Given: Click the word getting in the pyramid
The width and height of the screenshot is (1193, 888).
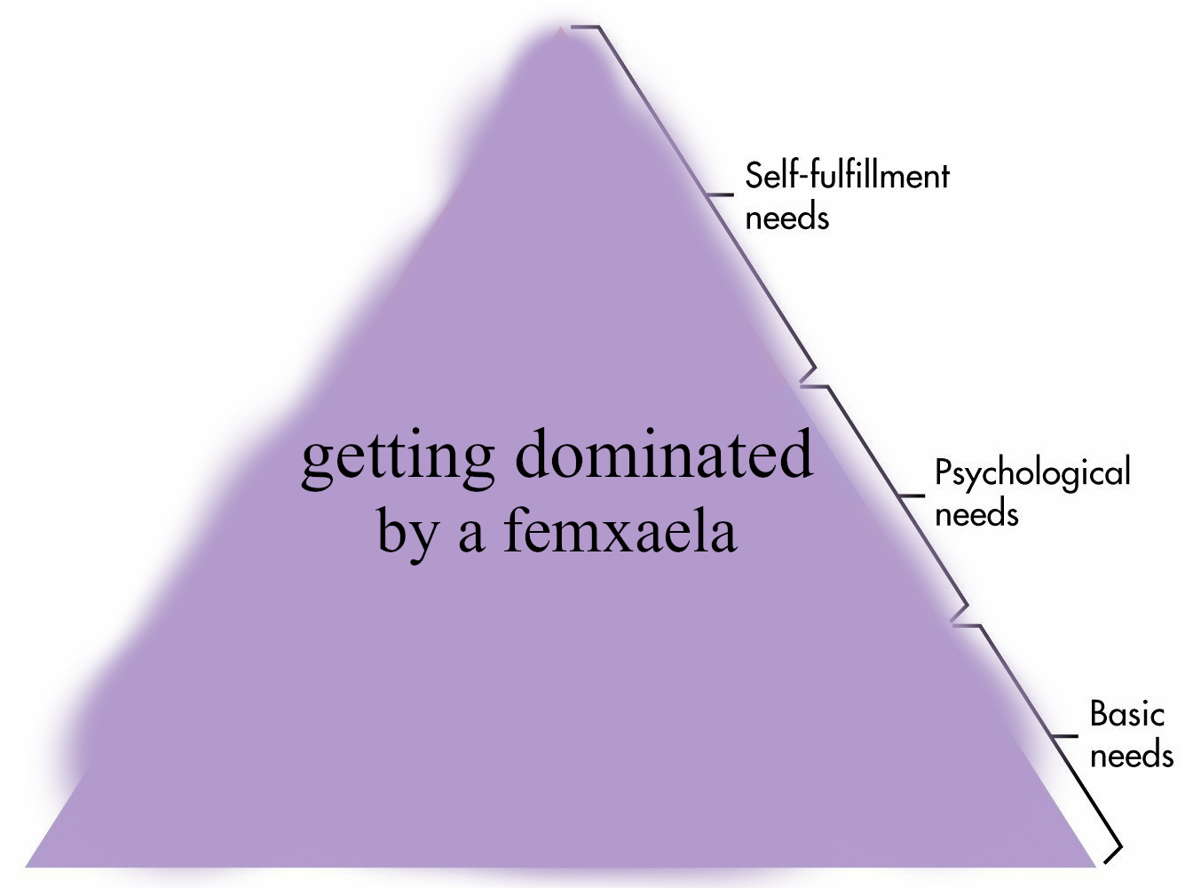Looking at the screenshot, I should (x=397, y=457).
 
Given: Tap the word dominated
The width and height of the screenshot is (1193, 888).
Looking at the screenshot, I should (x=663, y=453).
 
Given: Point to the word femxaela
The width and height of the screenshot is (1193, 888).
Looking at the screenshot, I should (x=620, y=530).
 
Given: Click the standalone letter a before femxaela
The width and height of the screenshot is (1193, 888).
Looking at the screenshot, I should (x=470, y=535).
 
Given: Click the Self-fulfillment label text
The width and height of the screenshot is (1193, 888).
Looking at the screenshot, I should (x=847, y=176).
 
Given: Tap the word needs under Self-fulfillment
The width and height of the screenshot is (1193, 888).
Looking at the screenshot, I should (x=786, y=218).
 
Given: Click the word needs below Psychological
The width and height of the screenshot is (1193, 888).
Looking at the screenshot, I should (x=976, y=515).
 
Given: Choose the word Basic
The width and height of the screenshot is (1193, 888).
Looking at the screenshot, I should (x=1126, y=714).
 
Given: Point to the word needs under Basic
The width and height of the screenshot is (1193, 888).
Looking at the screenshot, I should (x=1131, y=756).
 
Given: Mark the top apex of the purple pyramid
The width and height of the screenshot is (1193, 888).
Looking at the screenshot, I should (x=560, y=30).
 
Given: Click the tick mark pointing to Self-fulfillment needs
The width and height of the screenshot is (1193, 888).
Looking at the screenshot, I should (x=720, y=194).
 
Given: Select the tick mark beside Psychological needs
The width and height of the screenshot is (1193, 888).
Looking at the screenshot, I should (x=911, y=496).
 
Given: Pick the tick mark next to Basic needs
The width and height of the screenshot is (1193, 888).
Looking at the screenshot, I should (x=1064, y=736).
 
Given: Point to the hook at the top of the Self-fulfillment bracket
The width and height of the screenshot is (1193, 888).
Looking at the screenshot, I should (x=586, y=28).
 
